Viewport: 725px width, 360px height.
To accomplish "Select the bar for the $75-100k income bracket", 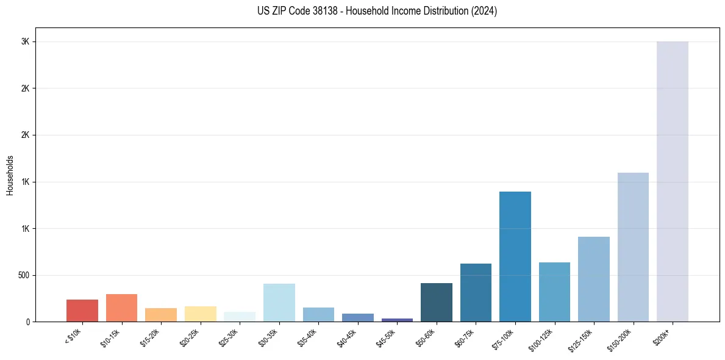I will [515, 256].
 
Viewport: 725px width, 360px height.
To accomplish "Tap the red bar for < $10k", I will [82, 311].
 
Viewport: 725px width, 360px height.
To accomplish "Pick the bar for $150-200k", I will [633, 247].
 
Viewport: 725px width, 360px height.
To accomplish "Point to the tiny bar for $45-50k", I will [397, 320].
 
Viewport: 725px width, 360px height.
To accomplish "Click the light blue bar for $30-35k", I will [279, 303].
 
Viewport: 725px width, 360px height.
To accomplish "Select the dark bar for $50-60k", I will [437, 302].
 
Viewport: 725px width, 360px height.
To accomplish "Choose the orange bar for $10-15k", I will [121, 308].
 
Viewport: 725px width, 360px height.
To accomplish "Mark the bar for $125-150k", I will [594, 279].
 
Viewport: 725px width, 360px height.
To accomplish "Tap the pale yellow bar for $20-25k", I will [201, 314].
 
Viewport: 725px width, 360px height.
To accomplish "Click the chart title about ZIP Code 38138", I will [377, 11].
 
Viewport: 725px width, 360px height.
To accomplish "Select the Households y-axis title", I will [10, 175].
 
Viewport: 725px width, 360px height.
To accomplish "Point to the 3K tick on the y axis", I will [26, 41].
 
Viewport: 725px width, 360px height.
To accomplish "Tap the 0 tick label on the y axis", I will [28, 322].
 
